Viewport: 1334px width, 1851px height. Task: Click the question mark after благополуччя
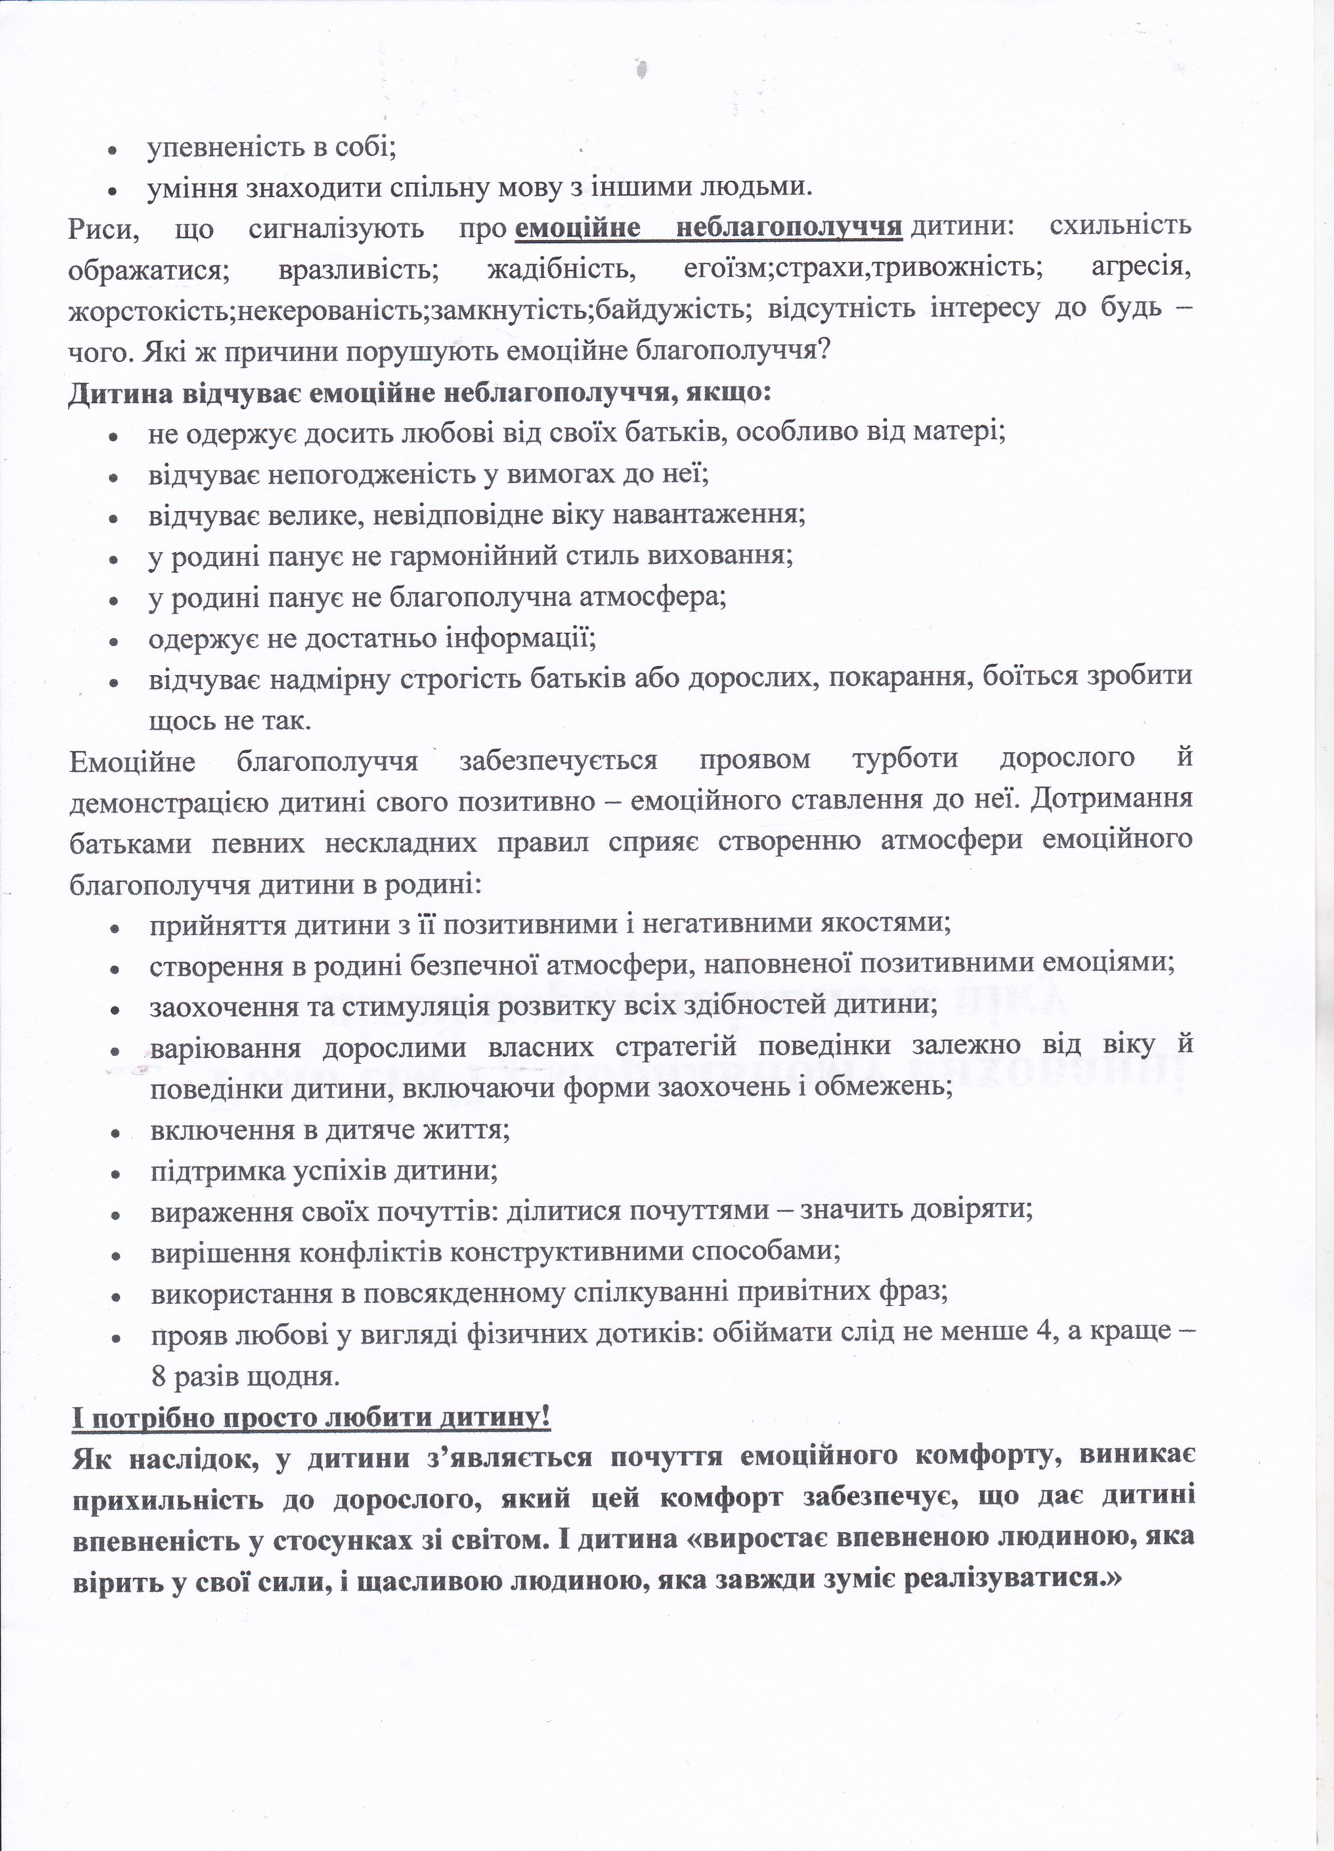(x=824, y=351)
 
